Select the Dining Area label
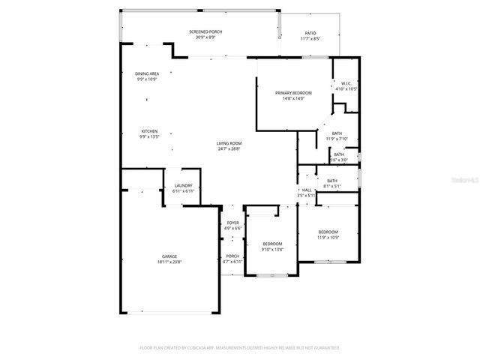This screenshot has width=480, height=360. click(146, 73)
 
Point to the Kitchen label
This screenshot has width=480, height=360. click(149, 131)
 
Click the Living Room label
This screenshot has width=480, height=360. click(229, 143)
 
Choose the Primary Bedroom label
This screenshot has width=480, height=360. click(293, 92)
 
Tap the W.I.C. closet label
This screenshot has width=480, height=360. click(346, 83)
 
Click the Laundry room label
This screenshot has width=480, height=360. click(184, 185)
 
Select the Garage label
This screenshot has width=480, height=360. click(169, 256)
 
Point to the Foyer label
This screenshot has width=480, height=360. click(233, 223)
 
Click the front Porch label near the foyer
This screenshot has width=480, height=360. click(233, 256)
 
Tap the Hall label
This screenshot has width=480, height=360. click(307, 190)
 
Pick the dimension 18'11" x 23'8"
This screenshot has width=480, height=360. click(169, 262)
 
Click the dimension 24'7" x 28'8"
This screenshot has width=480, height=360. click(229, 148)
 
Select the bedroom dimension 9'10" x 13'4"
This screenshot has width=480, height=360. click(272, 249)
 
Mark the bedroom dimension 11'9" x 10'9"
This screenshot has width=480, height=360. click(328, 237)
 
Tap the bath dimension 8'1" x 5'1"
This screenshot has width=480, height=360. click(331, 186)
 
